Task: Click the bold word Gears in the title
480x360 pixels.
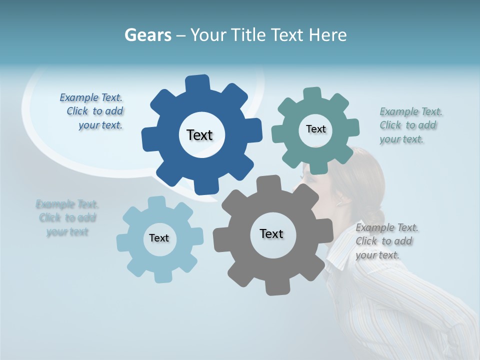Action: tap(147, 35)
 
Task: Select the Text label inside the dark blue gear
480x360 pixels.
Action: tap(199, 135)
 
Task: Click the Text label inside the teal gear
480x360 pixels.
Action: tap(315, 129)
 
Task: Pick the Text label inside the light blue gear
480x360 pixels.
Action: tap(159, 238)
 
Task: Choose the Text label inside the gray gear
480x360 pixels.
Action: tap(271, 233)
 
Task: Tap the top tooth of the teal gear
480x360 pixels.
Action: tap(312, 94)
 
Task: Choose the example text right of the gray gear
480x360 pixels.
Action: tap(384, 241)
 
